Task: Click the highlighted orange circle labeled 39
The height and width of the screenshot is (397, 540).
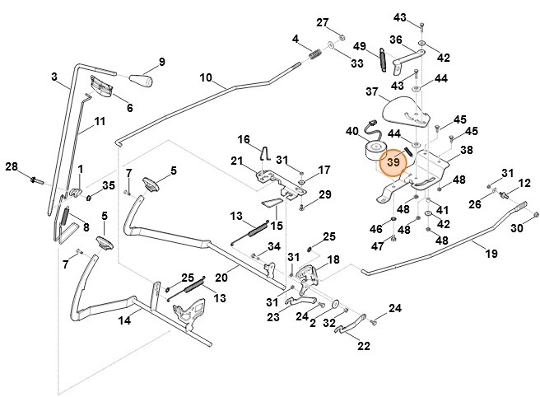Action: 393,162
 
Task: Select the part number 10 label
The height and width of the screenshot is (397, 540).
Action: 206,79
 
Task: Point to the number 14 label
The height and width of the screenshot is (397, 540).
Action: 124,321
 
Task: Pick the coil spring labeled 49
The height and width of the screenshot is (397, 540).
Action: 384,60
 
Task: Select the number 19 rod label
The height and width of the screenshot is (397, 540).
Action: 491,254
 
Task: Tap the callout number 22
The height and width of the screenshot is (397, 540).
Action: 363,347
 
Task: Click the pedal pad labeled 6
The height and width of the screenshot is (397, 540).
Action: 101,85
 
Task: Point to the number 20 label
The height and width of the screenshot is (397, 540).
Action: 221,277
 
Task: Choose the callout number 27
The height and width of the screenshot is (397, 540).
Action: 323,21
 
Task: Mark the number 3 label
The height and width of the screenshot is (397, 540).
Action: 54,77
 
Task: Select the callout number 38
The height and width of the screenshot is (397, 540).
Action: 466,151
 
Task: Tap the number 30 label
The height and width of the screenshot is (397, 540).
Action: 517,228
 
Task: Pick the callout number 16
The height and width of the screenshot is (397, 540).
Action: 244,138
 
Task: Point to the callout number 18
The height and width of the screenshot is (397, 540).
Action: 333,259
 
